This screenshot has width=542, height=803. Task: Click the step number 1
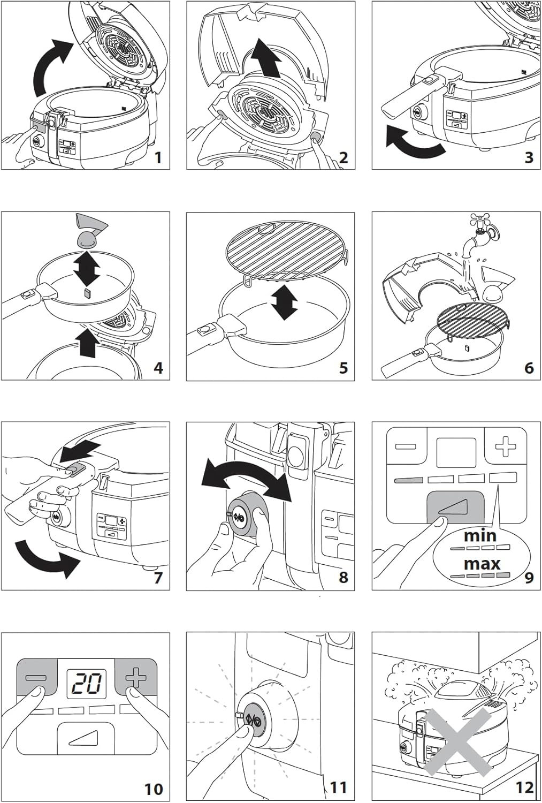[x=158, y=158]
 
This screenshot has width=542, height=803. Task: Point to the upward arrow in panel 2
[x=265, y=58]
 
